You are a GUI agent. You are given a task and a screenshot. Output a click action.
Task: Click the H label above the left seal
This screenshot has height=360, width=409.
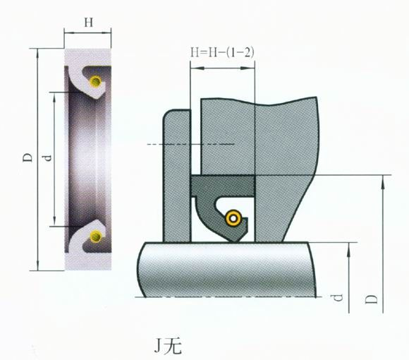(x=88, y=23)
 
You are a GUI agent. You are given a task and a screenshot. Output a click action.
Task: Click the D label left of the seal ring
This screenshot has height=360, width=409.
(x=28, y=157)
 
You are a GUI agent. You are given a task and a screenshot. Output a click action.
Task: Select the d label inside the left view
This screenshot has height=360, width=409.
(x=47, y=158)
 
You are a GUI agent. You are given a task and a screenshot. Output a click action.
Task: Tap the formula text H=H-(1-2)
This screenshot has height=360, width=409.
(x=222, y=52)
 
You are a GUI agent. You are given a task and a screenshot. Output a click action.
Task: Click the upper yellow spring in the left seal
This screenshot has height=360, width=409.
(x=95, y=81)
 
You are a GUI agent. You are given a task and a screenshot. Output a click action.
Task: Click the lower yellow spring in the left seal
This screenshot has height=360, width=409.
(x=96, y=236)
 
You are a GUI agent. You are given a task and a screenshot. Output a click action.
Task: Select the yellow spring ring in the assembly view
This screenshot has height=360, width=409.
(x=233, y=218)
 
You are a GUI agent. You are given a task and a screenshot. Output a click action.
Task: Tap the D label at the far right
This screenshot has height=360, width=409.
(x=371, y=299)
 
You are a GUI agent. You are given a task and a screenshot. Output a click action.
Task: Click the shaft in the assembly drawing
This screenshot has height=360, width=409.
(x=227, y=270)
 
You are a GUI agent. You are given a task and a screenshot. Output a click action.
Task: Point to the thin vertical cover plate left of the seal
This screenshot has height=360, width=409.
(x=177, y=176)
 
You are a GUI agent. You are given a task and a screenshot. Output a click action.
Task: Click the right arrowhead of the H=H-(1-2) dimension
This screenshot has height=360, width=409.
(x=248, y=68)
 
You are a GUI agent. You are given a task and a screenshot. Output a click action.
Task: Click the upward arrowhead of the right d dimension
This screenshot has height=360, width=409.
(x=349, y=249)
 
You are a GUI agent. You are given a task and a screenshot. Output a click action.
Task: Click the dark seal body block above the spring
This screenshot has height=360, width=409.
(x=223, y=186)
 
